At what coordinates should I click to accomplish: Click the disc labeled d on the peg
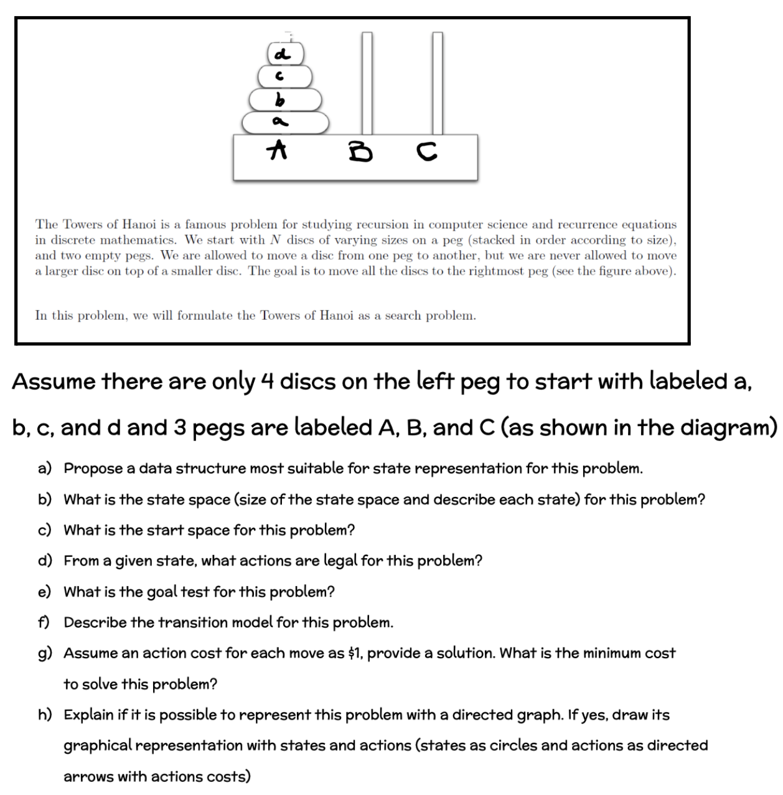pos(286,53)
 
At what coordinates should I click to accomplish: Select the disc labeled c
pos(285,77)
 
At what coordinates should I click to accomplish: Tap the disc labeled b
pos(285,99)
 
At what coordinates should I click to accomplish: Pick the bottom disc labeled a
pos(285,122)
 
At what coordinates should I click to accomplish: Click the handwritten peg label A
pos(278,149)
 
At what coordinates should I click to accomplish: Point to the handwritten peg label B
pos(360,151)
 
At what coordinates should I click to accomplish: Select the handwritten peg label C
pos(426,151)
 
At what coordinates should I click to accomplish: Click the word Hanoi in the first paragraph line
pos(138,224)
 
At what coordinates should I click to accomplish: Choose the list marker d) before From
pos(45,560)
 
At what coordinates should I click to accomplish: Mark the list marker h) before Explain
pos(45,715)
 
